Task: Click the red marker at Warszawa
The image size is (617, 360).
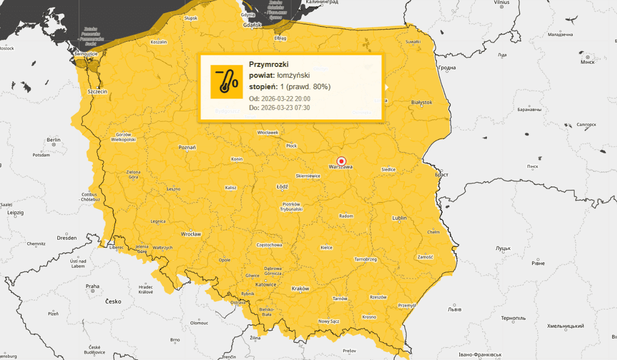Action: tap(341, 161)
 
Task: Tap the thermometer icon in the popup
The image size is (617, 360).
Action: tap(226, 82)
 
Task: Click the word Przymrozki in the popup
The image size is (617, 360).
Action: tap(269, 64)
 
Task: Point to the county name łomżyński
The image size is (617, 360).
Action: tap(293, 75)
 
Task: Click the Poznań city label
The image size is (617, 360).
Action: tap(187, 147)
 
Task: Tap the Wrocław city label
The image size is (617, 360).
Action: tap(190, 234)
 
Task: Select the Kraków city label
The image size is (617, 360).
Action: tap(300, 289)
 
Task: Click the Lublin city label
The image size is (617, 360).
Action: tap(399, 218)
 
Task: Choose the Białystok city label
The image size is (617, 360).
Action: tap(422, 103)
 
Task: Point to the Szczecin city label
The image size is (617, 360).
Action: tap(97, 92)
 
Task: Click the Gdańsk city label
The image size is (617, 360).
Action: tap(252, 25)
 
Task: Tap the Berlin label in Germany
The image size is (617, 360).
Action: tap(54, 140)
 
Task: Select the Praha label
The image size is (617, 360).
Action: tap(92, 286)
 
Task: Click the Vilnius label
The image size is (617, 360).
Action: tap(502, 2)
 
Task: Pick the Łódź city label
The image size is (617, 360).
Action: tap(282, 187)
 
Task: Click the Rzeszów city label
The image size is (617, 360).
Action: tap(378, 297)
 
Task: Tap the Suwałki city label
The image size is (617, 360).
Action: tap(413, 42)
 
